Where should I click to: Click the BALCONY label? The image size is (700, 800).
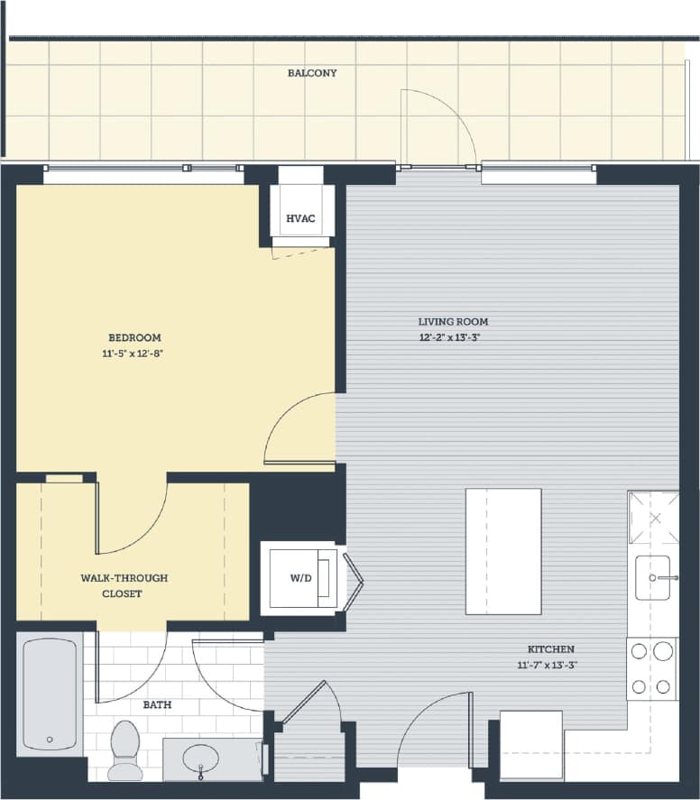tap(312, 73)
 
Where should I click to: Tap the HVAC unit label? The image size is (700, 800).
tap(299, 219)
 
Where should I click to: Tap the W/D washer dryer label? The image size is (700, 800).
tap(300, 578)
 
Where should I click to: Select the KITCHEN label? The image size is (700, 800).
tap(550, 649)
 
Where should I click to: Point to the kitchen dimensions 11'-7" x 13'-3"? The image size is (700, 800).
tap(550, 666)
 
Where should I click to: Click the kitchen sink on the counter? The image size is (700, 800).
tap(653, 577)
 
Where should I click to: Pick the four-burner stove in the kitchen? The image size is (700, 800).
tap(652, 668)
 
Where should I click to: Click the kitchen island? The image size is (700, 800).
tap(503, 551)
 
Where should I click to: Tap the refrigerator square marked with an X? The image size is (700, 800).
tap(654, 518)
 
